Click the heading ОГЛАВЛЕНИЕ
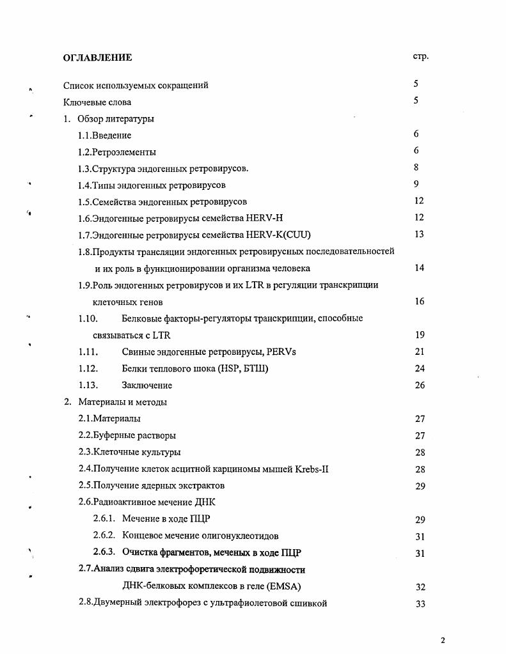(97, 58)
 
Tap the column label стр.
(420, 56)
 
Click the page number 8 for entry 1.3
(416, 167)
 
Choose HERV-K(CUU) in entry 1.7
(283, 235)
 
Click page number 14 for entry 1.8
(419, 268)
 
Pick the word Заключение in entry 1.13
(146, 385)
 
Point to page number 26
(420, 385)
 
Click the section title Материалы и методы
(122, 402)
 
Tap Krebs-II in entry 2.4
(312, 469)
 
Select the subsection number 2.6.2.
(104, 536)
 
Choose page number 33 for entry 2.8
(420, 603)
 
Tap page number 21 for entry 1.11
(420, 352)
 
